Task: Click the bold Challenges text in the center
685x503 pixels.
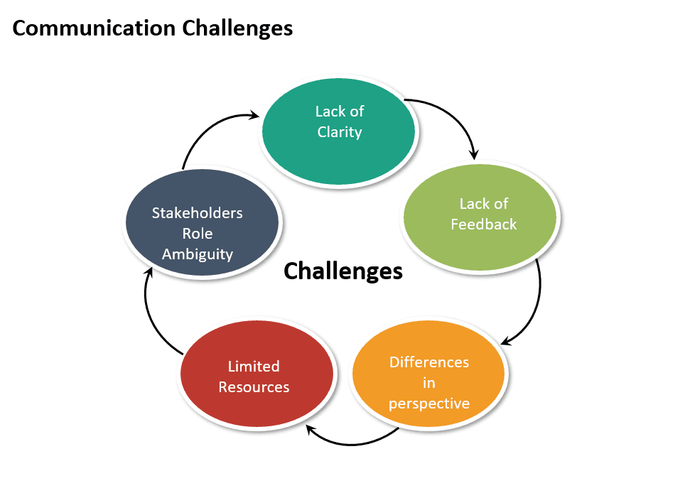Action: coord(343,271)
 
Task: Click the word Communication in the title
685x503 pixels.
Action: coord(94,28)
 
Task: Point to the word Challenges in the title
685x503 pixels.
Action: coord(237,28)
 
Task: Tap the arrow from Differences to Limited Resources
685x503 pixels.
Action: coord(348,443)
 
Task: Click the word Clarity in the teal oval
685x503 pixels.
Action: coord(340,132)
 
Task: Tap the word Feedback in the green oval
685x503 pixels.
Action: coord(484,225)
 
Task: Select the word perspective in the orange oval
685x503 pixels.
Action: coord(429,404)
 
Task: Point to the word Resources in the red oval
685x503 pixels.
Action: coord(254,387)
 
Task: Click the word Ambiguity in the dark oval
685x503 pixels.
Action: coord(198,254)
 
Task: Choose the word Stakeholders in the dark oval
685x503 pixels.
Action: coord(198,213)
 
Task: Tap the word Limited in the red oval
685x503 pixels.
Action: coord(254,367)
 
